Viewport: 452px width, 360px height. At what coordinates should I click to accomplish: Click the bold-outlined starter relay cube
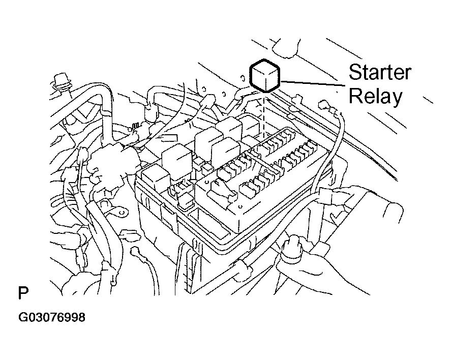[x=265, y=76]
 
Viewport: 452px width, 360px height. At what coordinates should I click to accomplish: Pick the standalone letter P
[x=23, y=294]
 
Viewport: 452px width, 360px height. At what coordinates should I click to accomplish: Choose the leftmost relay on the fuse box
[x=156, y=175]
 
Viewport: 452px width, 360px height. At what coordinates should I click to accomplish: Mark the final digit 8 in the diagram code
[x=81, y=318]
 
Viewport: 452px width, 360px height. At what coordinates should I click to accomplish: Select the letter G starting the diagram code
[x=22, y=318]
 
